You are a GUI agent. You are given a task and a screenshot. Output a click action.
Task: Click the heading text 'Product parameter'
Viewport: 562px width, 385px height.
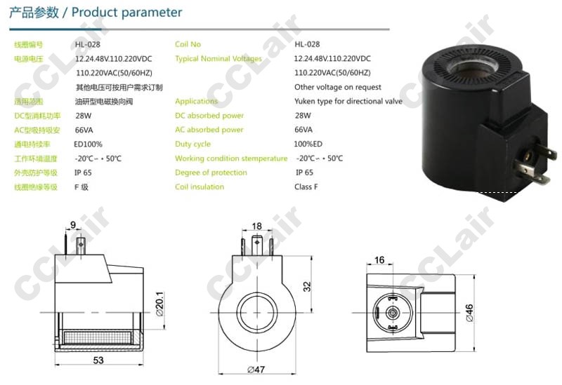click(126, 13)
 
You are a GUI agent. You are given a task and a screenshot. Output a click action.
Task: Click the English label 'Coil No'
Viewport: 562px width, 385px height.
click(188, 44)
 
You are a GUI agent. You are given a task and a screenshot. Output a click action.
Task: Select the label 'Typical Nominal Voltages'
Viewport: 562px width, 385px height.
click(218, 59)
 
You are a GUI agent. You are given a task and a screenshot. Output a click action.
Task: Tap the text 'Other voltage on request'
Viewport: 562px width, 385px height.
click(338, 87)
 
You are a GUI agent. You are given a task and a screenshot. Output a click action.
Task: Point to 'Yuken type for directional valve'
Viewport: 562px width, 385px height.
click(348, 101)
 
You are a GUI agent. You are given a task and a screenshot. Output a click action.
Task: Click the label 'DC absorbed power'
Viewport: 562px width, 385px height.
click(209, 116)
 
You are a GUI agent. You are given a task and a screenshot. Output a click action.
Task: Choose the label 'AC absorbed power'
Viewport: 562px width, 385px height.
click(209, 130)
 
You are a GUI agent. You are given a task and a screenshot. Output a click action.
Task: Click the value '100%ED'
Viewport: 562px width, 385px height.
click(308, 144)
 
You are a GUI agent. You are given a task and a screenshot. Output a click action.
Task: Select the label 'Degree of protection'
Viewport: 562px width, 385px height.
click(211, 173)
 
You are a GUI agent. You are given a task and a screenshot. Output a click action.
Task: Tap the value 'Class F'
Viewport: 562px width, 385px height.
click(306, 187)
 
